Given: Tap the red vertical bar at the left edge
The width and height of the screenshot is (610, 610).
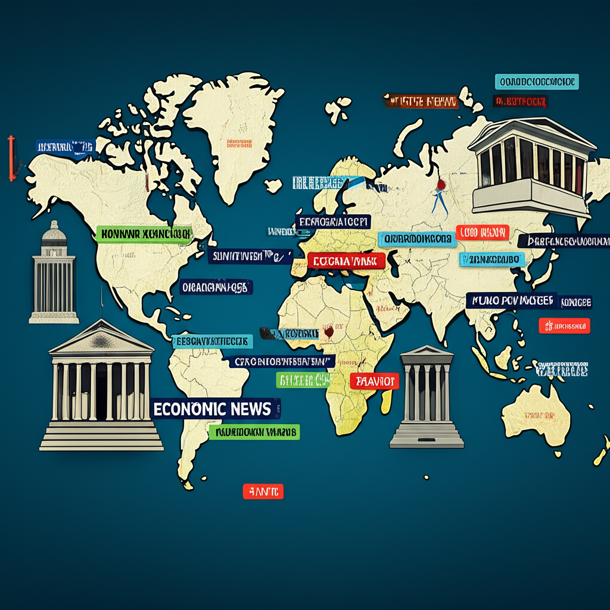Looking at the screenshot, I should coord(10,158).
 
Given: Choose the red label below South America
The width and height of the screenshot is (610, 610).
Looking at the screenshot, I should coord(263,491).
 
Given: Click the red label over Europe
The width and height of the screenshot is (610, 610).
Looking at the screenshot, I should coord(346,260).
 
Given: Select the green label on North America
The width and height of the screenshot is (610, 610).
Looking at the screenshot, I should coord(143,234).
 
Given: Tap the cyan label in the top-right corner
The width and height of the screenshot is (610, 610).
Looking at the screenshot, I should coord(536,82).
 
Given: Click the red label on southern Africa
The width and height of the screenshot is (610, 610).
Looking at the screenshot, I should coord(374,381).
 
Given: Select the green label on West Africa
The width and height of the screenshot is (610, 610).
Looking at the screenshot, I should coord(303,379).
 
